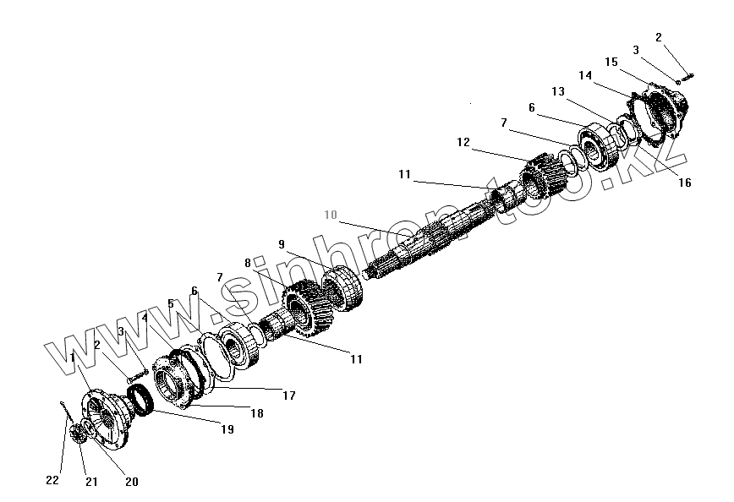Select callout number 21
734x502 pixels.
(90, 482)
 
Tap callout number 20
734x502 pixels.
(131, 482)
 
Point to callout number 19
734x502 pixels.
(227, 429)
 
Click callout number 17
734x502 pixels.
(289, 394)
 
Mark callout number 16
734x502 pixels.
(684, 182)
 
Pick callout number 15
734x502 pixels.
(611, 62)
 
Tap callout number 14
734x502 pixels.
(585, 75)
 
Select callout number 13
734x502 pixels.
(558, 91)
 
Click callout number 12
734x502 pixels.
(463, 143)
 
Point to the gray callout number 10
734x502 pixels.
(330, 216)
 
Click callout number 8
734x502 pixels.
(248, 263)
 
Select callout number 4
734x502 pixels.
(145, 319)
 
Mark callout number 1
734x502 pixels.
(73, 357)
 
